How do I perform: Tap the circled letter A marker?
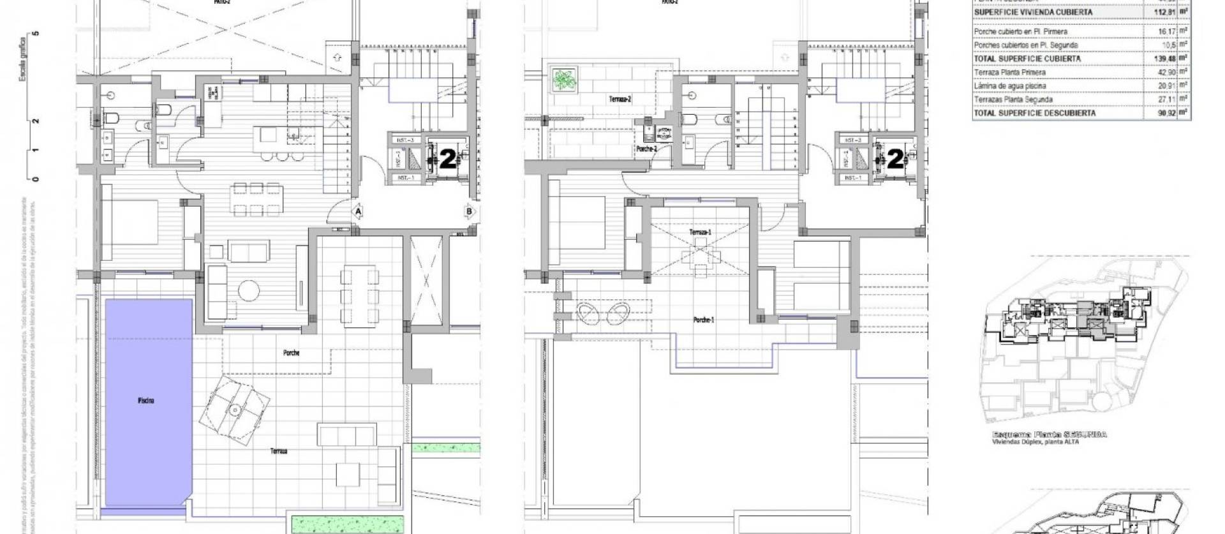coord(359,211)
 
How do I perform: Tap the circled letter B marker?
coord(470,211)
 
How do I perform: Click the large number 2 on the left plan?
coord(449,159)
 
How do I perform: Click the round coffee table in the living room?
coord(248,291)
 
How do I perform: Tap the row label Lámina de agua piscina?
coord(1009,85)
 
